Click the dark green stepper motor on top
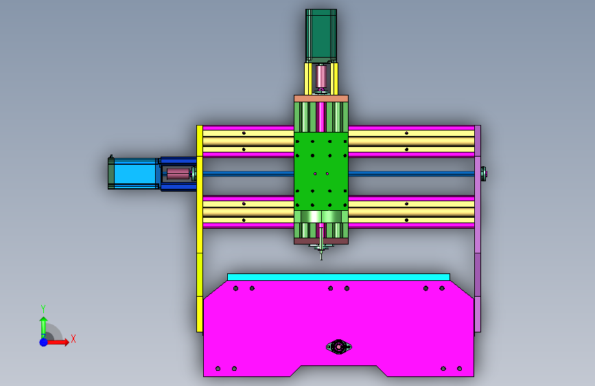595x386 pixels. tap(321, 35)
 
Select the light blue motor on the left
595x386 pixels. tap(134, 174)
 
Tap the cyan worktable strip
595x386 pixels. tap(338, 277)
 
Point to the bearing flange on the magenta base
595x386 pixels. tap(339, 346)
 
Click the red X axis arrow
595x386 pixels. tap(57, 342)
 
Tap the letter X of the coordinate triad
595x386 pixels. tap(73, 339)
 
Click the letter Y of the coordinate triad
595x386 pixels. tap(43, 308)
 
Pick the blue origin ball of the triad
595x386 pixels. tap(44, 342)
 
